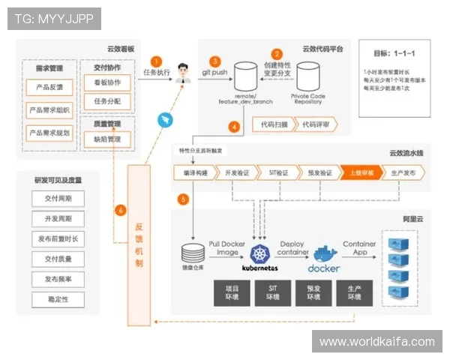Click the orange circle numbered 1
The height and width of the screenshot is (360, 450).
click(x=156, y=61)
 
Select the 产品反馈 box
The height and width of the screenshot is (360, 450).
click(x=49, y=88)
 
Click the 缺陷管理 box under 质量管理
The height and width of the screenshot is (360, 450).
click(x=106, y=139)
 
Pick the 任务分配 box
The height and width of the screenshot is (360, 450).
click(x=106, y=101)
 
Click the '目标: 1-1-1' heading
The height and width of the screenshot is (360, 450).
click(x=394, y=54)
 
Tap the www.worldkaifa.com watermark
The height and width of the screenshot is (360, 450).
click(x=376, y=341)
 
